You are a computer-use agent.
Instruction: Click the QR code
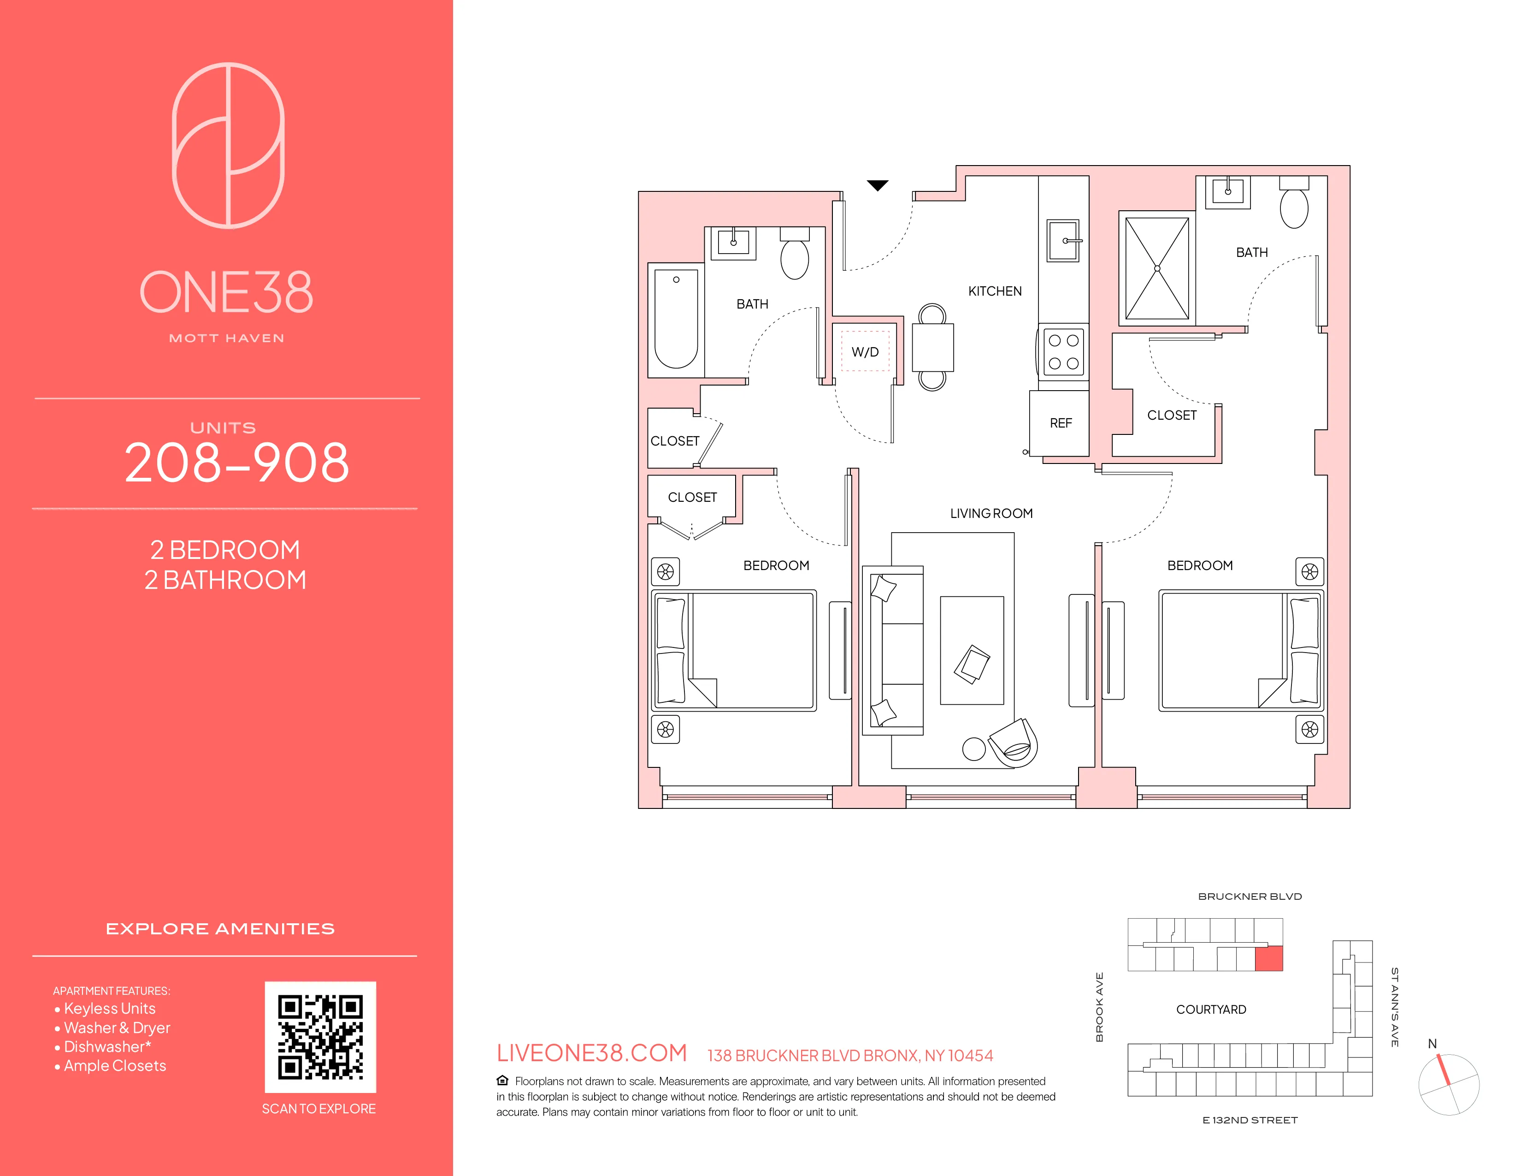pyautogui.click(x=320, y=1037)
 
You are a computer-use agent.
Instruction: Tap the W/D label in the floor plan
pyautogui.click(x=865, y=352)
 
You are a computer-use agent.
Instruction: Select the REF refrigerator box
pyautogui.click(x=1060, y=423)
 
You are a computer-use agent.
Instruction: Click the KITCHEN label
pyautogui.click(x=995, y=291)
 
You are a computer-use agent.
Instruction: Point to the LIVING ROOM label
pyautogui.click(x=991, y=513)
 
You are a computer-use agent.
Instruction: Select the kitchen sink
pyautogui.click(x=1063, y=240)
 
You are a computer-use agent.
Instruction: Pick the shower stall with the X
pyautogui.click(x=1157, y=268)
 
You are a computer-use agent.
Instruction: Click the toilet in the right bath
pyautogui.click(x=1294, y=206)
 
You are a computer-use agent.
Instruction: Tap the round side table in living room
pyautogui.click(x=973, y=749)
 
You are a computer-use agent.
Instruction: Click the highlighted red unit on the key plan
pyautogui.click(x=1268, y=959)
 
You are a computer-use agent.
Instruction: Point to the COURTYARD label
pyautogui.click(x=1211, y=1010)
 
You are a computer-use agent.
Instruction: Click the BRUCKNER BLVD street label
pyautogui.click(x=1250, y=897)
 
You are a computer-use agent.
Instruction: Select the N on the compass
pyautogui.click(x=1432, y=1044)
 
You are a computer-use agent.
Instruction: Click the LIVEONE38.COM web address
pyautogui.click(x=591, y=1053)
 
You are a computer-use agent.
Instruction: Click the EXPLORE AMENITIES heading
pyautogui.click(x=220, y=929)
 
